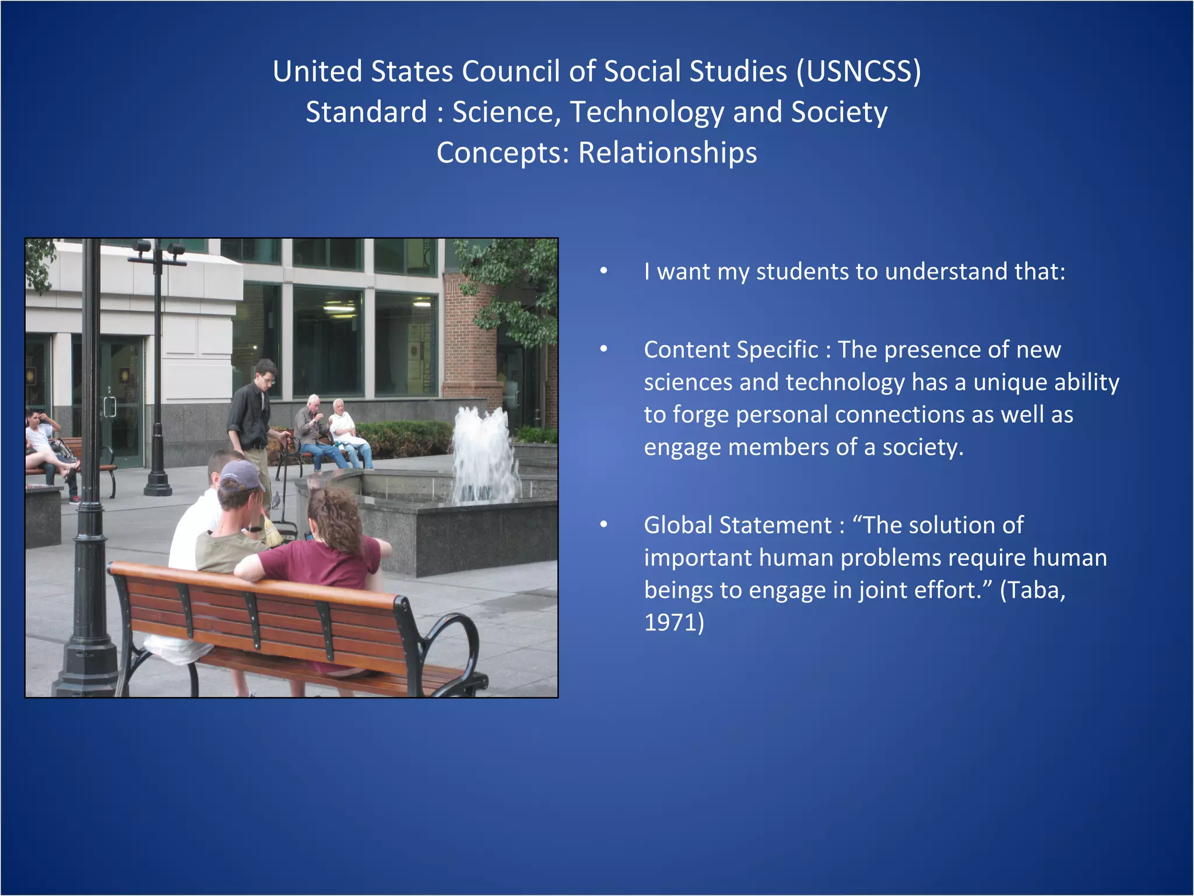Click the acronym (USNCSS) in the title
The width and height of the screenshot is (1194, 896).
(859, 72)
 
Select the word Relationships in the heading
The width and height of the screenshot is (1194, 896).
(667, 153)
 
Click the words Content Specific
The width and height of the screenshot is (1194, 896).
(731, 350)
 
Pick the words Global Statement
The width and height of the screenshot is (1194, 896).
(738, 525)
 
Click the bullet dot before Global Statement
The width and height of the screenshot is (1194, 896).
(604, 524)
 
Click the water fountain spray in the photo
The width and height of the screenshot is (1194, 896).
(484, 455)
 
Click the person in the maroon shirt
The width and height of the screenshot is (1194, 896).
(326, 554)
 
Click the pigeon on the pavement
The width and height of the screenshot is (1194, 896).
(276, 500)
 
